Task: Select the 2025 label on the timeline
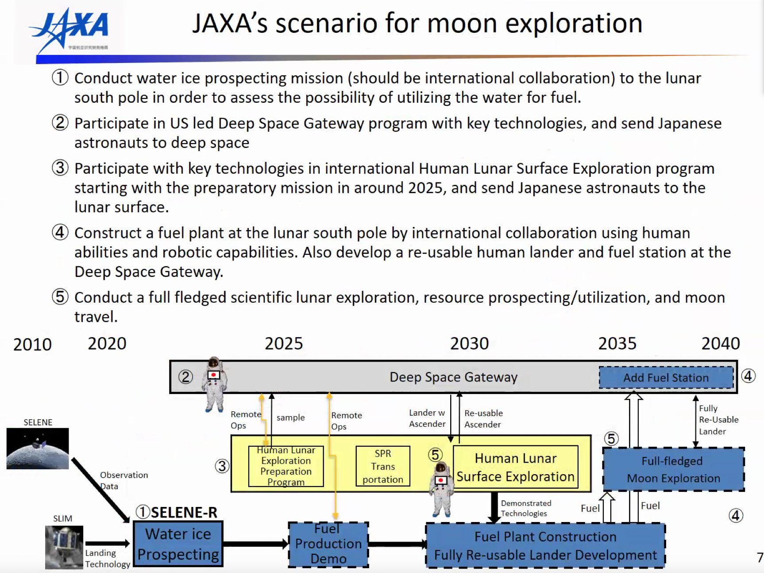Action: [x=284, y=343]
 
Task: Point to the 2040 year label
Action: [x=720, y=343]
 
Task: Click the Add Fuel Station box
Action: [x=666, y=378]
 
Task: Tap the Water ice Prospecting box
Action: [x=178, y=544]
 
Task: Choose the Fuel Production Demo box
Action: [x=328, y=545]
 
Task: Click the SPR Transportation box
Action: [x=383, y=466]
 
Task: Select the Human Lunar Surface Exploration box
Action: [x=515, y=467]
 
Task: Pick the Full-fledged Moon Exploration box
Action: [x=673, y=469]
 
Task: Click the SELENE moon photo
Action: [x=38, y=448]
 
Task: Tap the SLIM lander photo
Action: [x=64, y=547]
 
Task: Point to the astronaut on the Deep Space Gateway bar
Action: [x=214, y=384]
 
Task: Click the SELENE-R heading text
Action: [x=184, y=512]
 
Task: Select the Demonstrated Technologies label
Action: [x=526, y=508]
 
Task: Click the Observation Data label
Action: [x=123, y=480]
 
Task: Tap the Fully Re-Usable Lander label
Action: [x=718, y=420]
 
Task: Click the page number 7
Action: [x=760, y=557]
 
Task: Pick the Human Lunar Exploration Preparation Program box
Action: [x=286, y=466]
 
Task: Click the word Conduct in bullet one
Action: [x=103, y=78]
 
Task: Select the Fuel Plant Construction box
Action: [x=545, y=546]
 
